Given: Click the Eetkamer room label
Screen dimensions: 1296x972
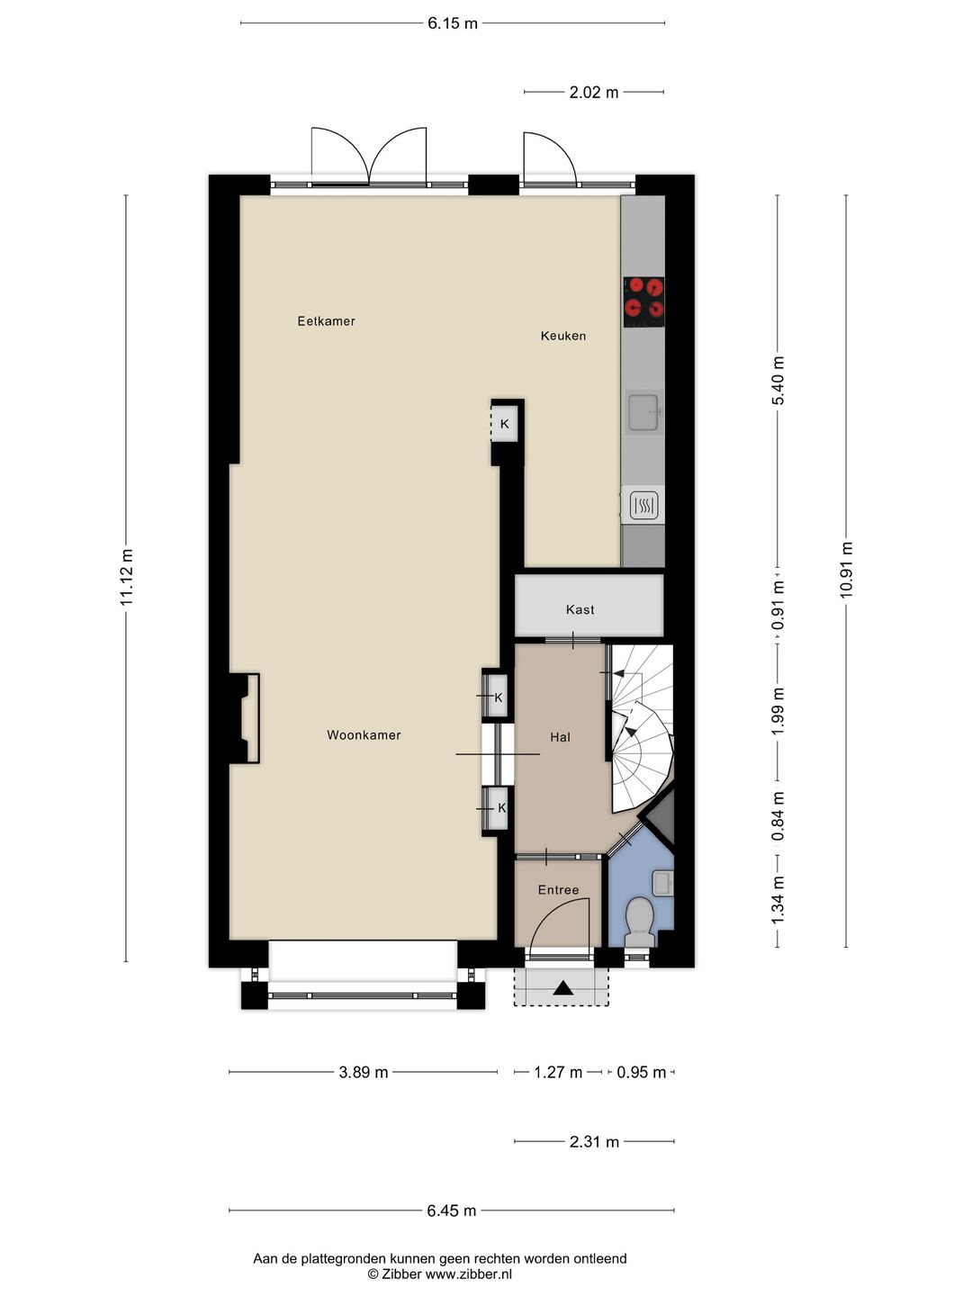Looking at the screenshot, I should tap(326, 321).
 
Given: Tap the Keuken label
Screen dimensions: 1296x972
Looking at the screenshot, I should tap(563, 336).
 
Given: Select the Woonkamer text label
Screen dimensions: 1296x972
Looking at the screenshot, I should tap(364, 735).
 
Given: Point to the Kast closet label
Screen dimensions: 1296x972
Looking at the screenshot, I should tap(580, 609).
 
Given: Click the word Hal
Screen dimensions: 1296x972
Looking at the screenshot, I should tap(560, 737).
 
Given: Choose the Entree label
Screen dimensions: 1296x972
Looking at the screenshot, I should tap(558, 890).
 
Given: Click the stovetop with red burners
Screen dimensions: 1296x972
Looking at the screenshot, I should tap(643, 301).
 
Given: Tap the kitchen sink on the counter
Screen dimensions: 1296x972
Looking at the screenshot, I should tap(644, 413).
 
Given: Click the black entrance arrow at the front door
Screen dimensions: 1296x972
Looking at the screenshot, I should tap(563, 988).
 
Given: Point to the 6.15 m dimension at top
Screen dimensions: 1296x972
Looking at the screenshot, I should tap(453, 23).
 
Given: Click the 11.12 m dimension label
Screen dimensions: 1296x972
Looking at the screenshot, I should tap(127, 577).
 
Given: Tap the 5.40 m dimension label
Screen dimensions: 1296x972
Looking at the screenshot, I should tap(778, 381).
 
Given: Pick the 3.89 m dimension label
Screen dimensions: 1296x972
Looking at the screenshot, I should tap(364, 1072).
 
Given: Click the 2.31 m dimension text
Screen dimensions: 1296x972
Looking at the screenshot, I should tap(594, 1141).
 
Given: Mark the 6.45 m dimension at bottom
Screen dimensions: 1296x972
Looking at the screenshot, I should tap(452, 1210).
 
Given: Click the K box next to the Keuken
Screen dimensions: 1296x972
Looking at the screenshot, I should tap(504, 424).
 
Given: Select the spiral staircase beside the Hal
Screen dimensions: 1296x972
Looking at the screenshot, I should tap(641, 729).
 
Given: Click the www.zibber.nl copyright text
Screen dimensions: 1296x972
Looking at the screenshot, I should tap(440, 1273).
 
